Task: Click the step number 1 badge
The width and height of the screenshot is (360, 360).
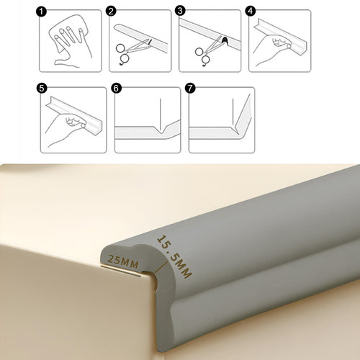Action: coord(41,12)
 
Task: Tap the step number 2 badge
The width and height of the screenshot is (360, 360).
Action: coord(111,12)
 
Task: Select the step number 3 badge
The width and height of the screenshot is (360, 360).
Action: coord(180,11)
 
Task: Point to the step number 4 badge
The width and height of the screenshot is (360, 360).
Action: coord(251,11)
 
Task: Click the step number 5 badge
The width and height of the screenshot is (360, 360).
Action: coord(42,88)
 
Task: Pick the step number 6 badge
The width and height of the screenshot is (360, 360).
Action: coord(116,88)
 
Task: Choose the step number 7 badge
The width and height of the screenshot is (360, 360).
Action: coord(190,88)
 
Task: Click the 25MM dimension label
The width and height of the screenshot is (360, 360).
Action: coord(123,261)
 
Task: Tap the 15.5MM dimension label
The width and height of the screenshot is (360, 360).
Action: coord(174,256)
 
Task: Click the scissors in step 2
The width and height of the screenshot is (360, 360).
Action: coord(131,51)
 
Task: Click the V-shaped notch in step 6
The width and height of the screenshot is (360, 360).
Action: coord(161,130)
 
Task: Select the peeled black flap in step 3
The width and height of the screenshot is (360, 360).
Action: coord(225,40)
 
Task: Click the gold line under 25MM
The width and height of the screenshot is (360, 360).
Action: coord(121,271)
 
